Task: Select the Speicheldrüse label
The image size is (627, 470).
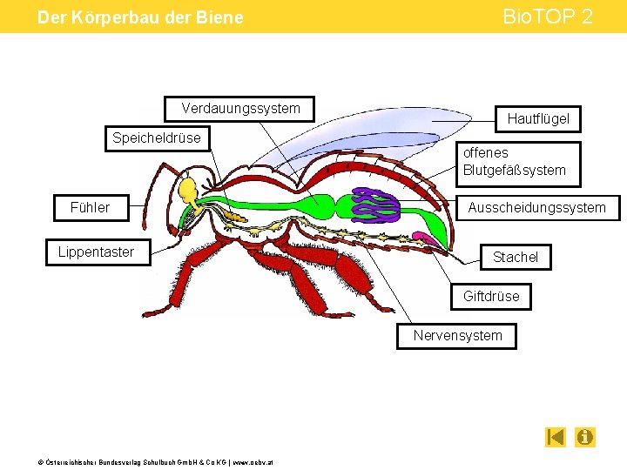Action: (157, 138)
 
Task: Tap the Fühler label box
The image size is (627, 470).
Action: (91, 208)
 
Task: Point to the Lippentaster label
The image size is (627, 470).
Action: (97, 252)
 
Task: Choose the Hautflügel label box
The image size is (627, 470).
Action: (538, 118)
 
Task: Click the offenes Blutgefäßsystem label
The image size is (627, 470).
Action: (519, 161)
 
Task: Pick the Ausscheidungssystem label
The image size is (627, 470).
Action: (536, 208)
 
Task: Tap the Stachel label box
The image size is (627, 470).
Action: (516, 257)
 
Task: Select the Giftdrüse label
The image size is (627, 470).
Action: (491, 296)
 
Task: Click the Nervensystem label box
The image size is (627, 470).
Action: (458, 335)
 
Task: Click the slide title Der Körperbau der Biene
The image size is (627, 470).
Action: (140, 17)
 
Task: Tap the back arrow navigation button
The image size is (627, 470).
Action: (556, 437)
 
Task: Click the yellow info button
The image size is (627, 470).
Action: (585, 437)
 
